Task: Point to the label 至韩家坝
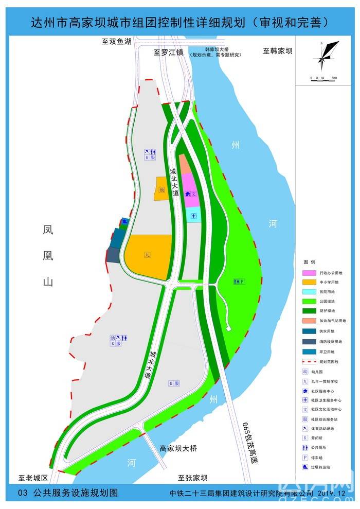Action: (278, 51)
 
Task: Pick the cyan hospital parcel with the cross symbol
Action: (193, 217)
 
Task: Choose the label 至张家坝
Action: (192, 477)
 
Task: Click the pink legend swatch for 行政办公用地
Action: (310, 272)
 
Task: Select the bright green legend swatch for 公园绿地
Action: (310, 301)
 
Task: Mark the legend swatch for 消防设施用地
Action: (310, 341)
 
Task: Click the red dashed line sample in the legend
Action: (310, 361)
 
